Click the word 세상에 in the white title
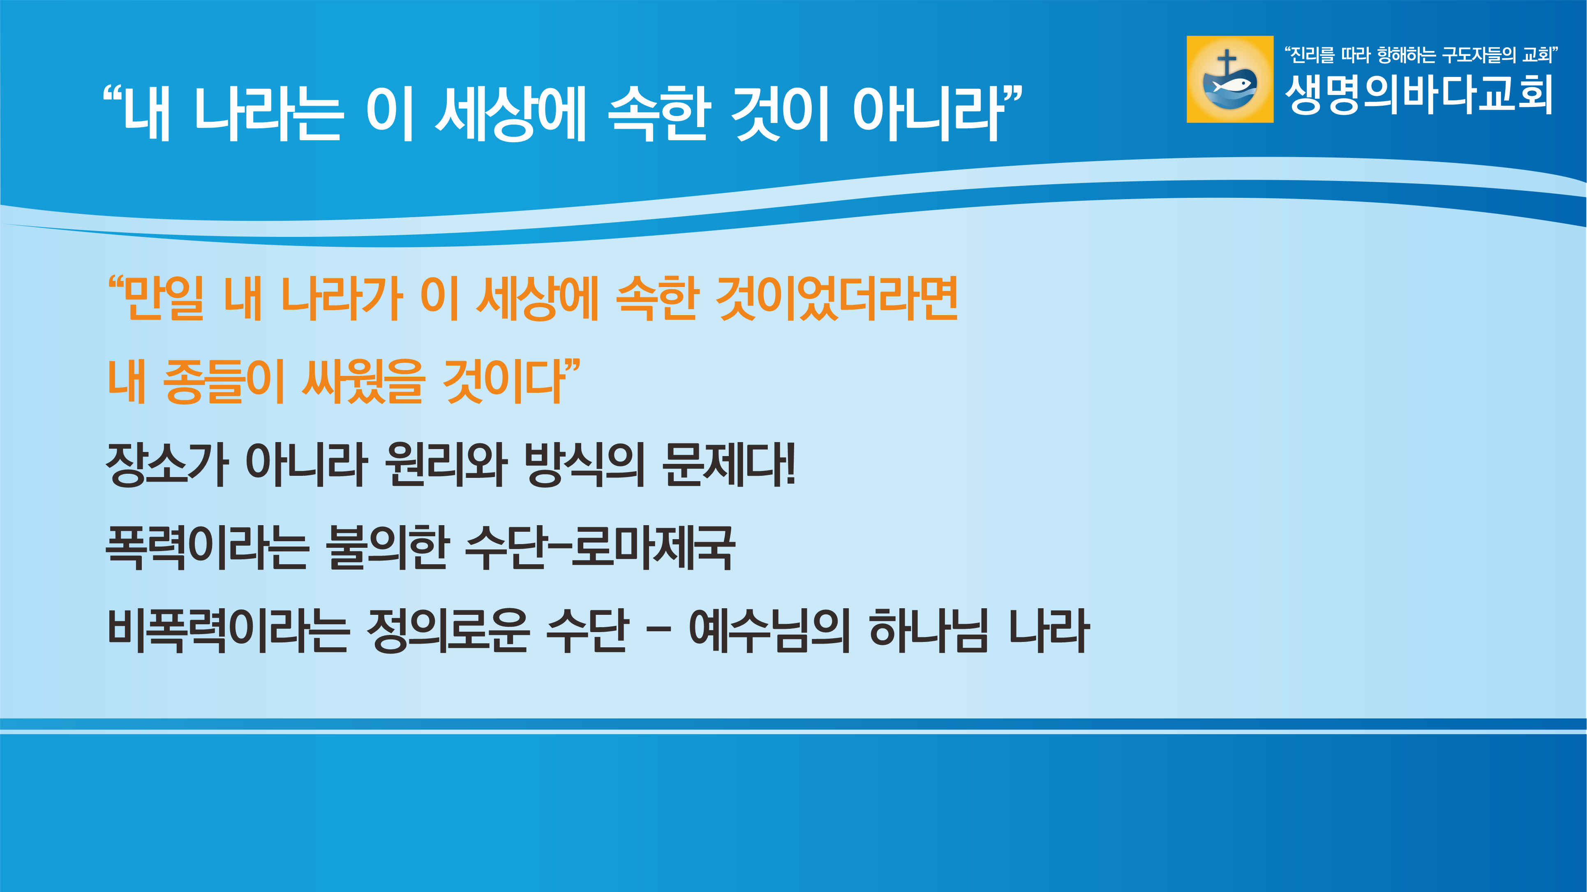point(511,113)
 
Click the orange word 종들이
point(224,382)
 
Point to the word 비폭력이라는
point(229,630)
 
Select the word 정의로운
point(448,630)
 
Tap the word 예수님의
point(769,630)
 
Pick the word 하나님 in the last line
point(929,630)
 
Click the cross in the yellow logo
point(1227,63)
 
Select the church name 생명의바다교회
point(1418,95)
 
